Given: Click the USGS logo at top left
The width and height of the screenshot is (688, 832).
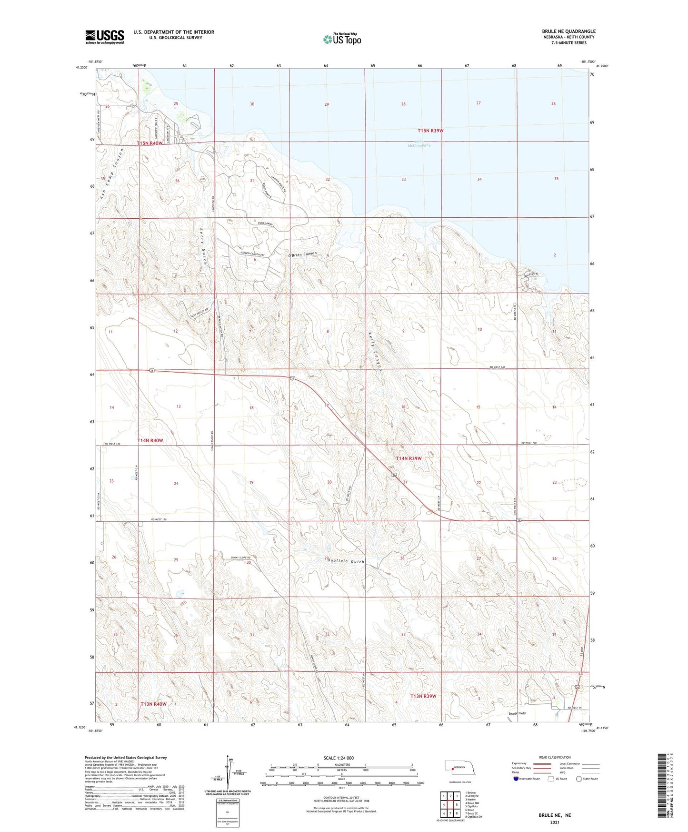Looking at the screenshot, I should pos(104,36).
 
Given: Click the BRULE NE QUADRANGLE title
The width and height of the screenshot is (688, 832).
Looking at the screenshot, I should pos(568,31).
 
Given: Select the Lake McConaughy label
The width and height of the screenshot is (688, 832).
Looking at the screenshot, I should pos(419,143).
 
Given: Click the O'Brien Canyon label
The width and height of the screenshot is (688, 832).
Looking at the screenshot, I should pos(302,254).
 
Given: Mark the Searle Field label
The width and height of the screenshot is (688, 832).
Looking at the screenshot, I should pos(517,713).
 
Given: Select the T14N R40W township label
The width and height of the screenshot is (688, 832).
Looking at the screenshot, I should pos(150,441).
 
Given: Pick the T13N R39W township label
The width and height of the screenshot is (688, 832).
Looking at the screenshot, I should pos(423,696).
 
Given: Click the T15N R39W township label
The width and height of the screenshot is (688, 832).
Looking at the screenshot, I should pos(430,131).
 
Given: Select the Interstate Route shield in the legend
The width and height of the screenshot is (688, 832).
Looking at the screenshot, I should pos(516,779).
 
